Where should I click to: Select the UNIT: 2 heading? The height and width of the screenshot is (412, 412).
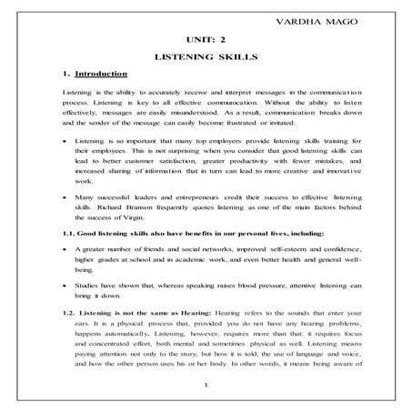[x=204, y=40]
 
